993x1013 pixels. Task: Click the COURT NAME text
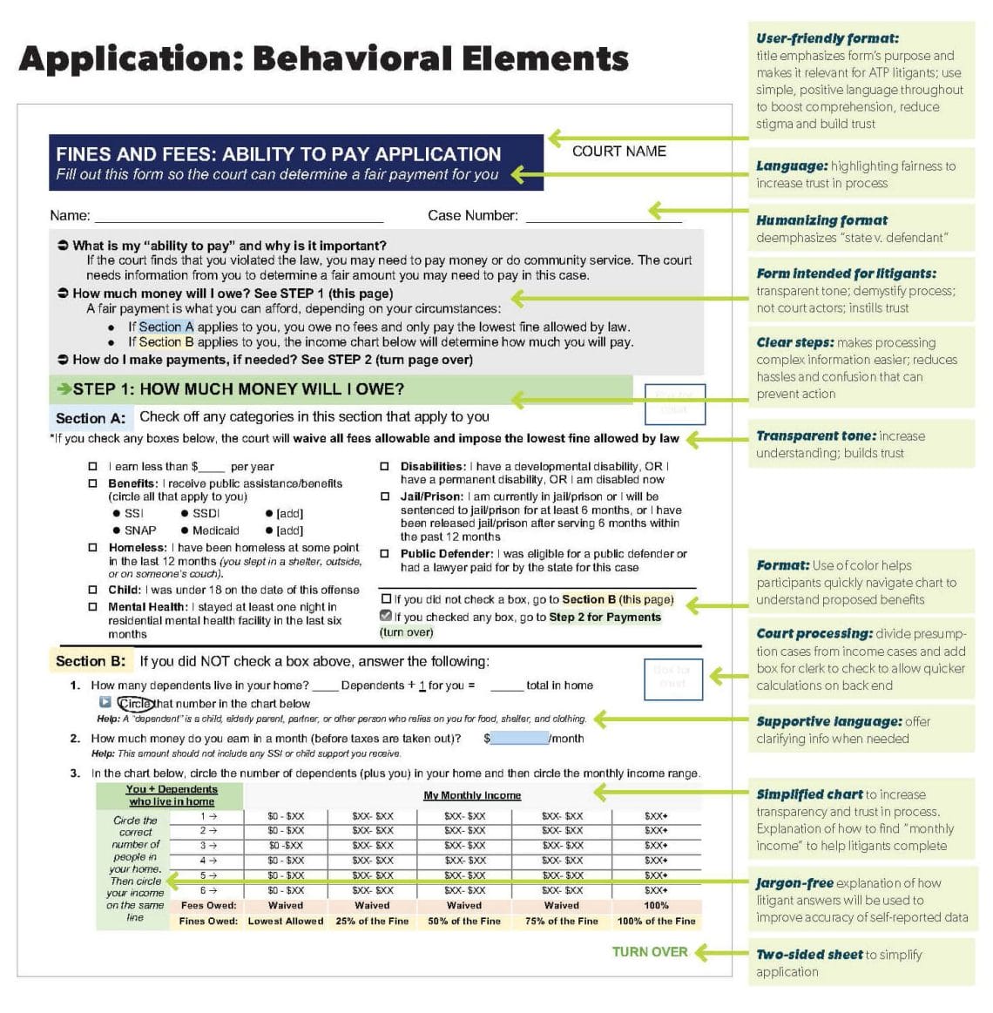point(618,152)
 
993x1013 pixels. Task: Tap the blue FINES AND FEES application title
point(278,154)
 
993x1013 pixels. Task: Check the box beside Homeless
point(93,548)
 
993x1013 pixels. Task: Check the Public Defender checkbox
point(384,554)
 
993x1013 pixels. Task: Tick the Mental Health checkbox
point(93,607)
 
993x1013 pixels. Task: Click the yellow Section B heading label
point(91,661)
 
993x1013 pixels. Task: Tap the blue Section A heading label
point(91,418)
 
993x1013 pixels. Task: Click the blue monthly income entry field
point(519,739)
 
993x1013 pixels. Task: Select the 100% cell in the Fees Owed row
point(656,906)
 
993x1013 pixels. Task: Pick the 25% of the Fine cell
point(372,922)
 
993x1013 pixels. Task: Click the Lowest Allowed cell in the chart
point(285,922)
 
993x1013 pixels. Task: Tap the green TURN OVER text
point(650,952)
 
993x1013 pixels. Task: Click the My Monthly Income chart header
point(472,795)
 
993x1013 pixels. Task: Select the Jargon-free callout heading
point(794,883)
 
